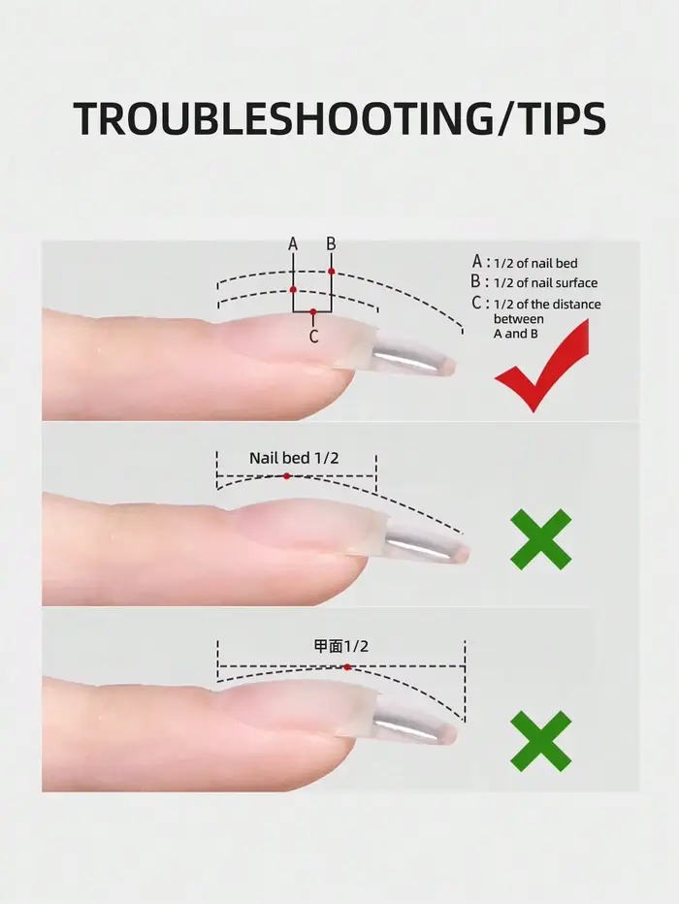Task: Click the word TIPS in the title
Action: pos(557,118)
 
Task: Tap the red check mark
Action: pos(542,366)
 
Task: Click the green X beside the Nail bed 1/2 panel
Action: pos(540,539)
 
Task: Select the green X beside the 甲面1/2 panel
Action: pos(540,741)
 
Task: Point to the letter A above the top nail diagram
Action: pos(293,244)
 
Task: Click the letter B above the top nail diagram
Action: pos(331,243)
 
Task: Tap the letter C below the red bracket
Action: pos(313,337)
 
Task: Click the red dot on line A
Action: pos(293,289)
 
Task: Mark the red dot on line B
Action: pos(332,271)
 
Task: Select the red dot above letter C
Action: pos(313,312)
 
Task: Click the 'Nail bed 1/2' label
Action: pos(294,459)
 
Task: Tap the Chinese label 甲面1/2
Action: pos(340,646)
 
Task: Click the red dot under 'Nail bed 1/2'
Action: pos(286,476)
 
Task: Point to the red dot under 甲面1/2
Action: pos(347,667)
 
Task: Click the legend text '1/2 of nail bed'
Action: pos(535,264)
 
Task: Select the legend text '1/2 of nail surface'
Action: pos(545,283)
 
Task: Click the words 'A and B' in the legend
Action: pos(516,334)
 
